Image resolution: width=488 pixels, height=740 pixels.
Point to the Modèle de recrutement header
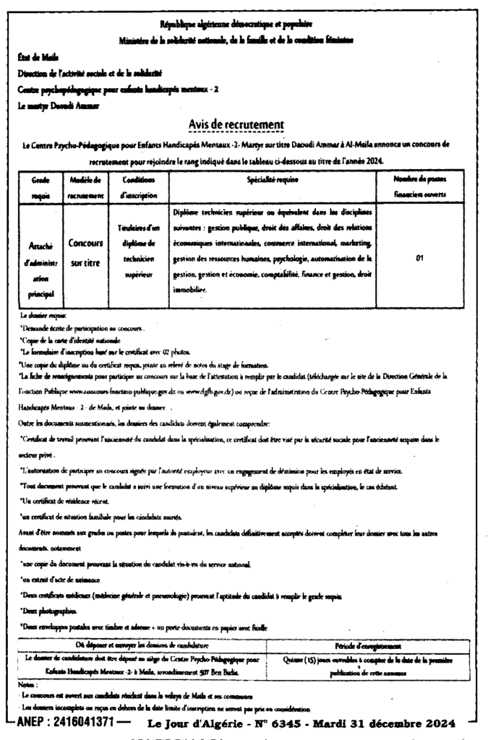(86, 186)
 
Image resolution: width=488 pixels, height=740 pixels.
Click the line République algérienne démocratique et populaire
(243, 25)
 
